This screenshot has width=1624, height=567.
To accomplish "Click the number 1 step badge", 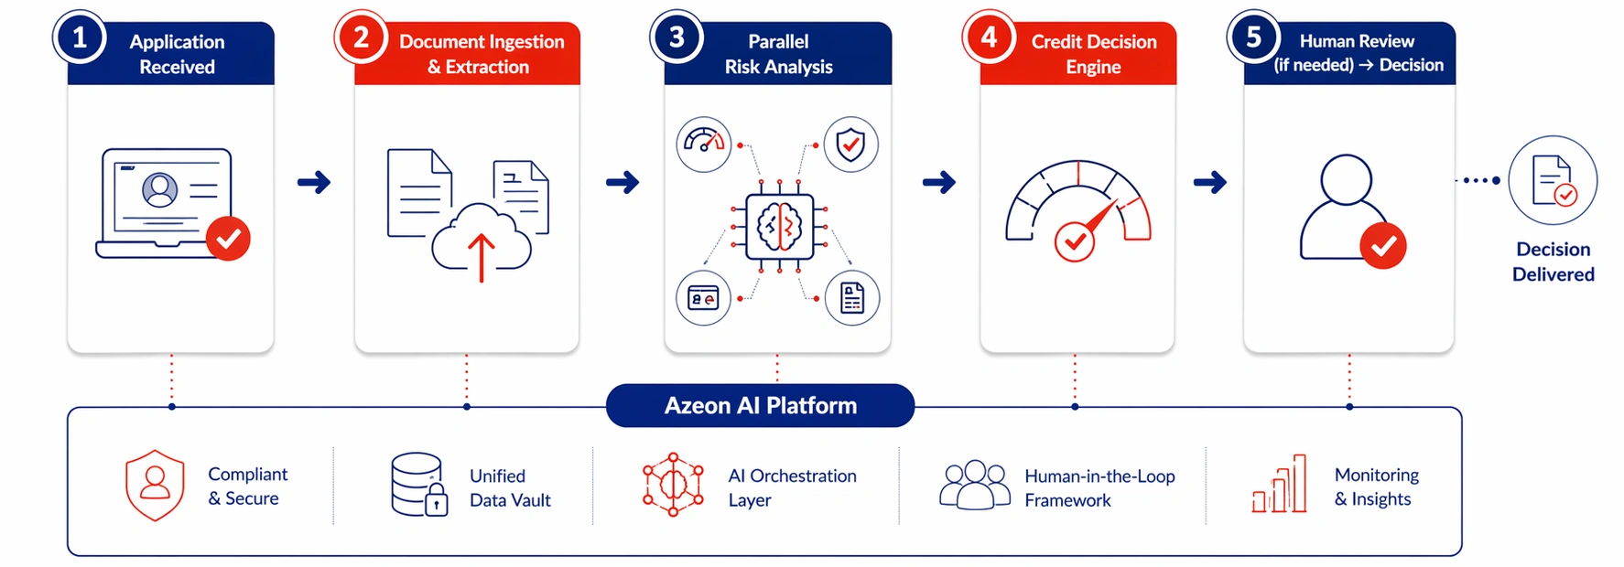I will coord(80,37).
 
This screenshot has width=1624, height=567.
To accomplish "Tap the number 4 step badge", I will coord(989,37).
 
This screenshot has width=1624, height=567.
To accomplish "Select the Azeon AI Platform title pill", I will coord(760,405).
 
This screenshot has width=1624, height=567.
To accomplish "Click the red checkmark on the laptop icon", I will coord(228,239).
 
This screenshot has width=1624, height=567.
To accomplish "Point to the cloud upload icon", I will coord(482,241).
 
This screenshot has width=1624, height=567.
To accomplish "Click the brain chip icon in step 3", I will coord(779,226).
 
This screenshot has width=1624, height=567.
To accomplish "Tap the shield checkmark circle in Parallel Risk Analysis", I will coord(850,144).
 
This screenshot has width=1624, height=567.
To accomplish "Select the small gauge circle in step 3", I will coord(703,144).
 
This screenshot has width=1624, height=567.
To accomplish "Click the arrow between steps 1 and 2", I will coord(314,182).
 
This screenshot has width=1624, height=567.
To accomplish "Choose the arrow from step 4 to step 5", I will coord(1209,182).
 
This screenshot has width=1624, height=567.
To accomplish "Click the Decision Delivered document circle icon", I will coord(1553,181).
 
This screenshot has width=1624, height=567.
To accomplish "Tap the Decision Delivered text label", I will coord(1553,262).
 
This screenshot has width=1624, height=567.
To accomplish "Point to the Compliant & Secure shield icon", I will coord(155,485).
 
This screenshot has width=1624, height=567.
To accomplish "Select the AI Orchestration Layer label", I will coord(792,487).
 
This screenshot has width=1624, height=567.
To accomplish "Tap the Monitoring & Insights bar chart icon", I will coord(1279,485).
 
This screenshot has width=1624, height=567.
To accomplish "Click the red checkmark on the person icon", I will coord(1382,245).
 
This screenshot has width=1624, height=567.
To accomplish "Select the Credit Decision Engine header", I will coord(1093,54).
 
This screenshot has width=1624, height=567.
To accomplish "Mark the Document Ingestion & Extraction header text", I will coord(481,54).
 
